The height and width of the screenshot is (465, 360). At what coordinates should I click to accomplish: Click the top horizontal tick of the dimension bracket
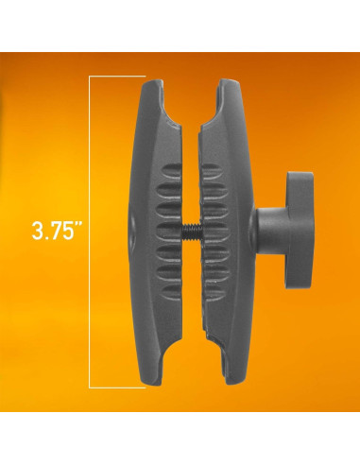click(x=116, y=77)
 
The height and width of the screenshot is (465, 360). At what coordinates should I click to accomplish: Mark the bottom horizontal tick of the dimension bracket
click(x=116, y=387)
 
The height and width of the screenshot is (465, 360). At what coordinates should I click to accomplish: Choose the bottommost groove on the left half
click(x=170, y=294)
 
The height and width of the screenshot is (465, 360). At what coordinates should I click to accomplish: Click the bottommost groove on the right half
click(x=213, y=294)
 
